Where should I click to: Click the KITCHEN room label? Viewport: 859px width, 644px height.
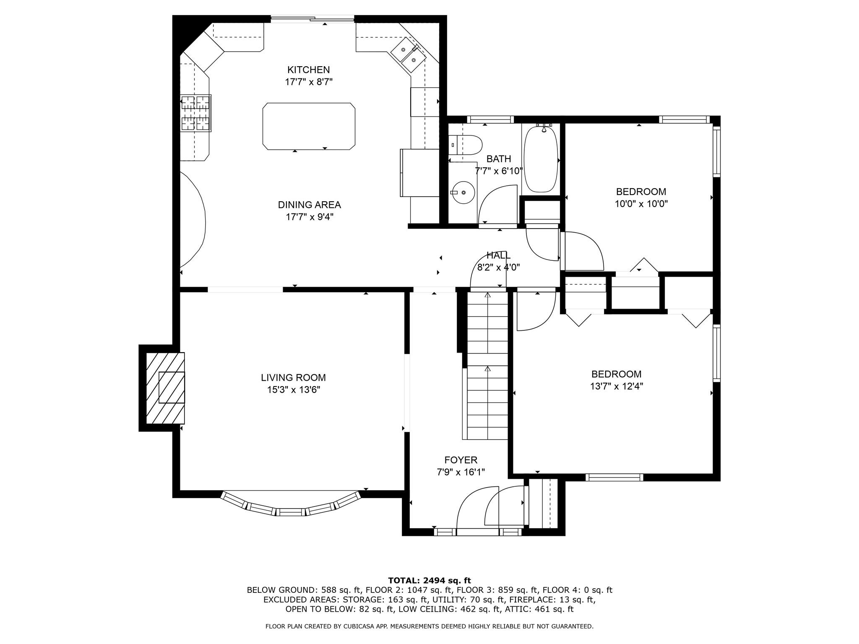pyautogui.click(x=308, y=70)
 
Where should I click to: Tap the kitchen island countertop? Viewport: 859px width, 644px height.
pyautogui.click(x=309, y=126)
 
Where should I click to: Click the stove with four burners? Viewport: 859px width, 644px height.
pyautogui.click(x=195, y=113)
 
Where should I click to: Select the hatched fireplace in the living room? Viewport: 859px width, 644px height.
pyautogui.click(x=165, y=388)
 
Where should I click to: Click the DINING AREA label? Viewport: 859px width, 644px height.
pyautogui.click(x=309, y=205)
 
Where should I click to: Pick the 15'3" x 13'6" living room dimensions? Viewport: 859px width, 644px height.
pyautogui.click(x=294, y=390)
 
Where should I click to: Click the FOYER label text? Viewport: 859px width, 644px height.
pyautogui.click(x=461, y=460)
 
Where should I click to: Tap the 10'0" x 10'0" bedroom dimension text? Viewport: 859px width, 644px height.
pyautogui.click(x=641, y=204)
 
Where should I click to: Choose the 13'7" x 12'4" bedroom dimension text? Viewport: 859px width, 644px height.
pyautogui.click(x=617, y=386)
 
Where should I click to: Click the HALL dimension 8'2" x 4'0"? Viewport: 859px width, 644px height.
pyautogui.click(x=499, y=267)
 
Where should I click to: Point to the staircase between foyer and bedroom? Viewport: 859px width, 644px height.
pyautogui.click(x=487, y=365)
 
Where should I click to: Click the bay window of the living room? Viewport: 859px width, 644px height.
pyautogui.click(x=291, y=505)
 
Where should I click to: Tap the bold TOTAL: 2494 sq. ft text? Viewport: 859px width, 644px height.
pyautogui.click(x=429, y=580)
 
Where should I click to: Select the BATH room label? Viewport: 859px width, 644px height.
pyautogui.click(x=499, y=159)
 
